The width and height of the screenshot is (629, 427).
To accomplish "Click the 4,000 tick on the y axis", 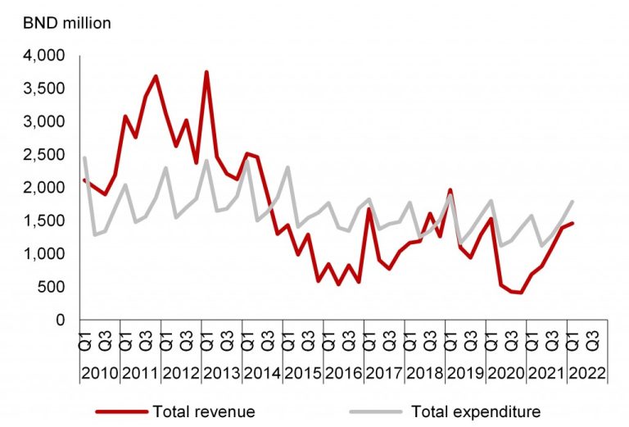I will (49, 56).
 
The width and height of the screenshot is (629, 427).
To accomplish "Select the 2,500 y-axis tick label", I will (49, 155).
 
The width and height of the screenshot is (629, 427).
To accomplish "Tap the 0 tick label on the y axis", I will (61, 320).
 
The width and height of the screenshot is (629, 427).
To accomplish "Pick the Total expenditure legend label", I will (476, 410).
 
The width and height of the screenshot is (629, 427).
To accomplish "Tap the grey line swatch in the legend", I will (378, 410).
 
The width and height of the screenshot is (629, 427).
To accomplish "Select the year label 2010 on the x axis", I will (100, 374).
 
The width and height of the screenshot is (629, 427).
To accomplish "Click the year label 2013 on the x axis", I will (221, 374).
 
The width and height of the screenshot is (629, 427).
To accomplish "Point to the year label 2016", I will (343, 374).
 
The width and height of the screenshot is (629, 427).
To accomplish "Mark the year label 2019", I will (464, 374).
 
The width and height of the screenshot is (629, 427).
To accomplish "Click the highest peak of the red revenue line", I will (206, 72).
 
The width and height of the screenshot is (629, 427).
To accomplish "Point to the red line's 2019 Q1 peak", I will (450, 190).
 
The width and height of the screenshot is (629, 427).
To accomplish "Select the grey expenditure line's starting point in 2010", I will (84, 157).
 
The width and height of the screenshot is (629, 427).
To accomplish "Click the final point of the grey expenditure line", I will (572, 201).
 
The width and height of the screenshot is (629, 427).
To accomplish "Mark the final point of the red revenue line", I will (572, 223).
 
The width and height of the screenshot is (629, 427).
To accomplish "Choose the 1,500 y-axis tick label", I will (49, 220).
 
